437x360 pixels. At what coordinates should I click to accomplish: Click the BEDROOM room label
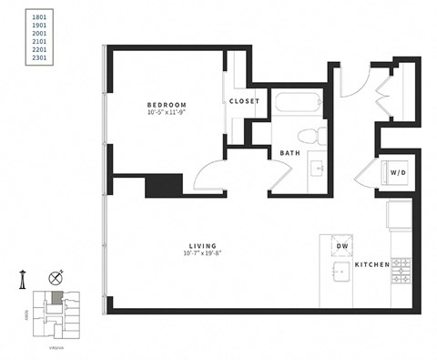pyautogui.click(x=167, y=106)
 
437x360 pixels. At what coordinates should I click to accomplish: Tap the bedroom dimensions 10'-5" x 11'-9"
pyautogui.click(x=167, y=115)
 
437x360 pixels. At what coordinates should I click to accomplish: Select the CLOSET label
pyautogui.click(x=244, y=101)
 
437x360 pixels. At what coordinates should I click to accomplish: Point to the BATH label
pyautogui.click(x=290, y=153)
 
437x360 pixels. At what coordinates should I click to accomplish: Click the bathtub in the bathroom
pyautogui.click(x=297, y=104)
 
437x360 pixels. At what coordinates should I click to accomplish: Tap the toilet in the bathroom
pyautogui.click(x=314, y=137)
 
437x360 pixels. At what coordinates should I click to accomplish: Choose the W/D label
pyautogui.click(x=398, y=172)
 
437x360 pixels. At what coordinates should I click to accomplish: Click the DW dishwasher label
pyautogui.click(x=342, y=247)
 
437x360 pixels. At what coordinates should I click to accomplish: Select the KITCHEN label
pyautogui.click(x=373, y=265)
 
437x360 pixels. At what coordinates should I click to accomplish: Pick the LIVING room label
pyautogui.click(x=202, y=246)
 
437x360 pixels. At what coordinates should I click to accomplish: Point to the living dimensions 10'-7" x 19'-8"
pyautogui.click(x=202, y=255)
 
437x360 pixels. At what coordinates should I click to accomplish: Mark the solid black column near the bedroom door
pyautogui.click(x=164, y=185)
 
